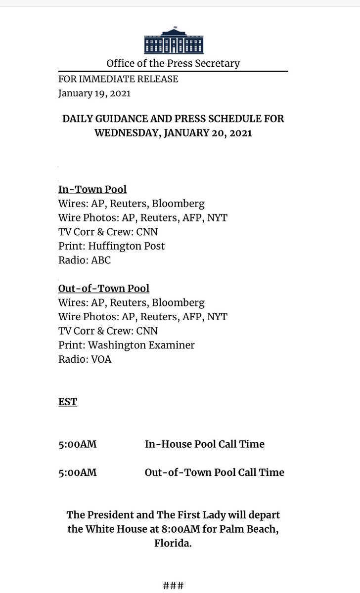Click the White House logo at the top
click(173, 41)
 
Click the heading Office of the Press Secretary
click(173, 63)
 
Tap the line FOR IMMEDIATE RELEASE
click(118, 79)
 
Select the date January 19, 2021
click(94, 93)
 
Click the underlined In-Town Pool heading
click(92, 189)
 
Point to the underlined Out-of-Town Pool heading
click(104, 288)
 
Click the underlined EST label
click(68, 402)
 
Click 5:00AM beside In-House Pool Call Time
click(78, 444)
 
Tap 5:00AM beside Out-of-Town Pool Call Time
click(78, 472)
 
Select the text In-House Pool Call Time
click(205, 444)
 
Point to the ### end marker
click(173, 586)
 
